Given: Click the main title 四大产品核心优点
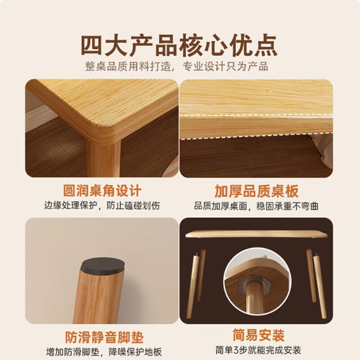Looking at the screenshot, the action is (179, 45).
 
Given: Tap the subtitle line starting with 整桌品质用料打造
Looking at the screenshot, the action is (177, 66).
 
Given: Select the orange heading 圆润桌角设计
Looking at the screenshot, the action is (102, 191).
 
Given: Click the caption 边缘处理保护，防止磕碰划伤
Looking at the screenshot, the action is (102, 205).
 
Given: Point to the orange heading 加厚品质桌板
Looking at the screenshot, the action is (256, 191).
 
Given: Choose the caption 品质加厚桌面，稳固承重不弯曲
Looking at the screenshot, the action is (256, 206).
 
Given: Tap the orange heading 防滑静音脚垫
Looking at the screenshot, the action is (105, 337).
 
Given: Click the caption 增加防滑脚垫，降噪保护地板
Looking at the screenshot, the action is (104, 352).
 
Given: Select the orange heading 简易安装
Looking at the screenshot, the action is (259, 335).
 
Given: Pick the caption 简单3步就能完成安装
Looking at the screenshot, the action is (258, 350).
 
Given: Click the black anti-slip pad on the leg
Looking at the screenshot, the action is (102, 266).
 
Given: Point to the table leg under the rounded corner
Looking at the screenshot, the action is (103, 159).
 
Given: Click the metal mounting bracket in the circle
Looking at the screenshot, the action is (255, 285).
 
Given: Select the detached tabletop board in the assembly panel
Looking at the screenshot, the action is (256, 234).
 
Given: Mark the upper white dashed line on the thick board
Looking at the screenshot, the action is (256, 115).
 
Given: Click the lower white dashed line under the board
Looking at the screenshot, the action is (256, 136).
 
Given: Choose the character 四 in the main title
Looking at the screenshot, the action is (91, 45).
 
